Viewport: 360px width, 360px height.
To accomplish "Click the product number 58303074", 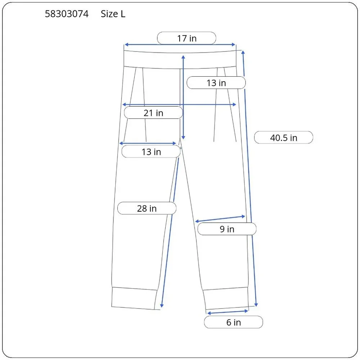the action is click(x=67, y=14).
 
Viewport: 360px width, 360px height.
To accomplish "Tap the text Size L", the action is click(x=113, y=14).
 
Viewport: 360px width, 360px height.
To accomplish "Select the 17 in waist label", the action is click(x=186, y=39).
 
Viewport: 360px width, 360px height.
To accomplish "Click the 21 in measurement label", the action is click(x=153, y=113).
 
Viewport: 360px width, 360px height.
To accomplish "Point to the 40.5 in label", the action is click(x=284, y=138).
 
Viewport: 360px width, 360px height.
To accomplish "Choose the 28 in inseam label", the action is click(x=147, y=208).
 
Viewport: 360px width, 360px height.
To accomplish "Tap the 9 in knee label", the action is click(x=227, y=229).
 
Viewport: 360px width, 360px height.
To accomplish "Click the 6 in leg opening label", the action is click(x=234, y=322).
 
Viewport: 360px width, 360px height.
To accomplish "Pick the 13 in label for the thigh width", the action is click(x=151, y=152).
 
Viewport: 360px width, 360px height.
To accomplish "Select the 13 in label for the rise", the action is click(x=216, y=83).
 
